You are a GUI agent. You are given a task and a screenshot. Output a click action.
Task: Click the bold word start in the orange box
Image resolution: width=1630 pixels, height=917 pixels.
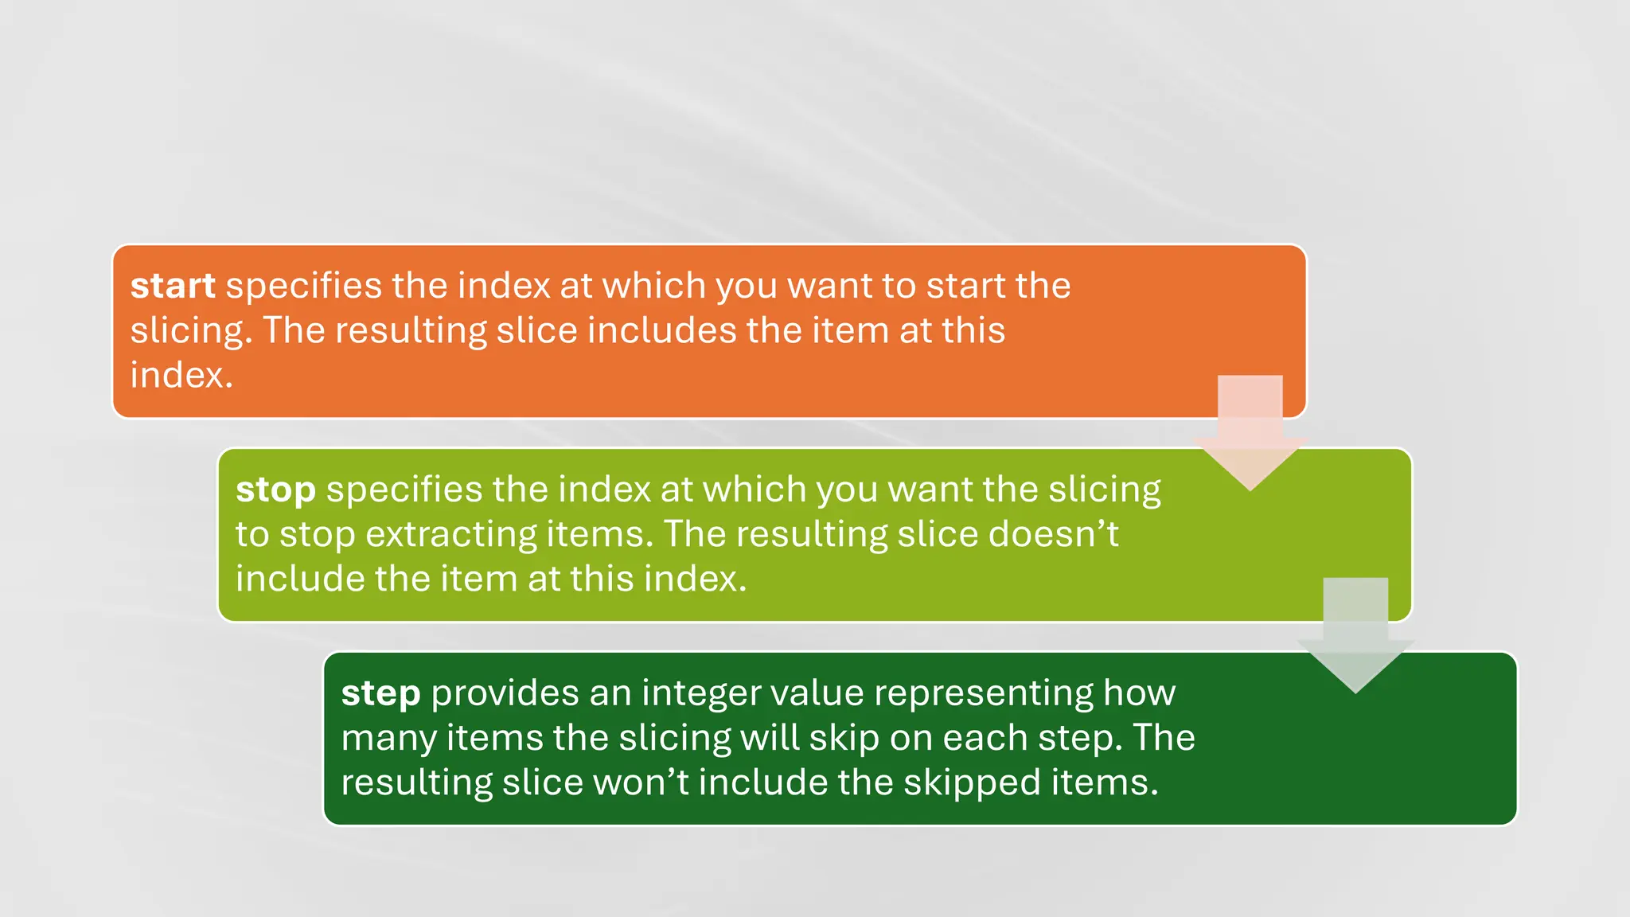coord(173,286)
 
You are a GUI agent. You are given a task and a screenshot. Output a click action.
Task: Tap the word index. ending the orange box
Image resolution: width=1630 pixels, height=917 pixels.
coord(181,375)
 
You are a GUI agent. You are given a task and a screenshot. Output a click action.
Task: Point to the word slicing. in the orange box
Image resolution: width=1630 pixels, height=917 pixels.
coord(191,330)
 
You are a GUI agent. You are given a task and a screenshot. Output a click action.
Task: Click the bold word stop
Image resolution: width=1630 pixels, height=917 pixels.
coord(275,490)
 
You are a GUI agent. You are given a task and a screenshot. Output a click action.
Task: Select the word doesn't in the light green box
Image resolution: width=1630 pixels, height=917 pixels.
coord(1053,534)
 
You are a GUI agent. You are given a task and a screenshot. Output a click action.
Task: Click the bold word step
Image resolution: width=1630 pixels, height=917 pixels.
coord(380,693)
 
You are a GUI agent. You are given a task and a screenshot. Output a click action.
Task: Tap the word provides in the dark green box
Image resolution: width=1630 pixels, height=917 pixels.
coord(505,693)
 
